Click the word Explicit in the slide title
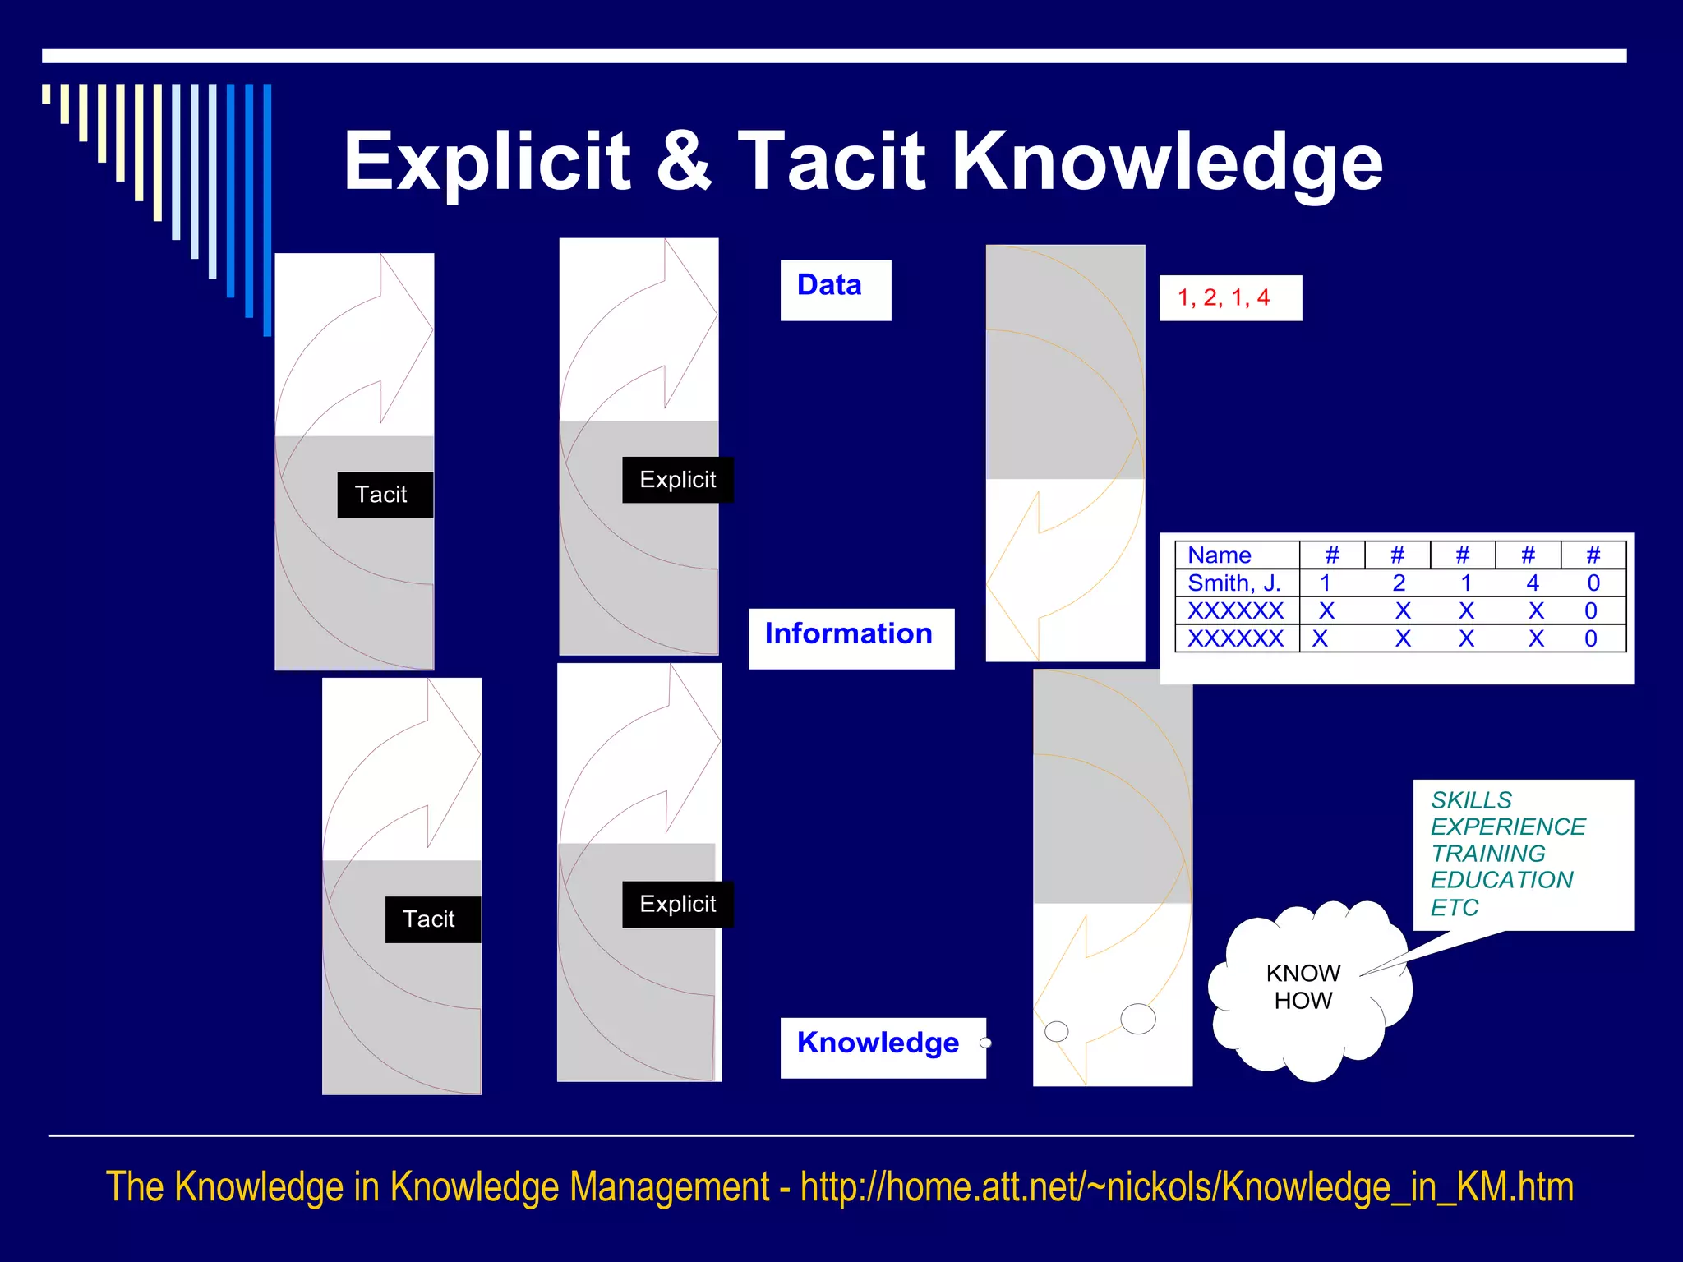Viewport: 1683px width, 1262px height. (x=486, y=162)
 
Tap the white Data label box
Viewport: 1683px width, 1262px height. (x=835, y=289)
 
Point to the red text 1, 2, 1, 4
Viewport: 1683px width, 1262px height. (x=1223, y=297)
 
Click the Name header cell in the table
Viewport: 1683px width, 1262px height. (x=1220, y=555)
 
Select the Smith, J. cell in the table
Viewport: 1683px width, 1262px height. (x=1234, y=583)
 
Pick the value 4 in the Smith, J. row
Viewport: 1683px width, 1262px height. (x=1532, y=583)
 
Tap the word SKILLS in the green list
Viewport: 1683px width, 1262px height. (x=1471, y=800)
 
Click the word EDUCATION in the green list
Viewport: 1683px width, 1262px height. (x=1501, y=880)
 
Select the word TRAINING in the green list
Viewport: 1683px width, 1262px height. (x=1487, y=854)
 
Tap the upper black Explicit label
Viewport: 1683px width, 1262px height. (x=677, y=480)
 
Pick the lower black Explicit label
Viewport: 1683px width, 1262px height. (x=677, y=905)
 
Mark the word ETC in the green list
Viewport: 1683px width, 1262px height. (x=1454, y=908)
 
